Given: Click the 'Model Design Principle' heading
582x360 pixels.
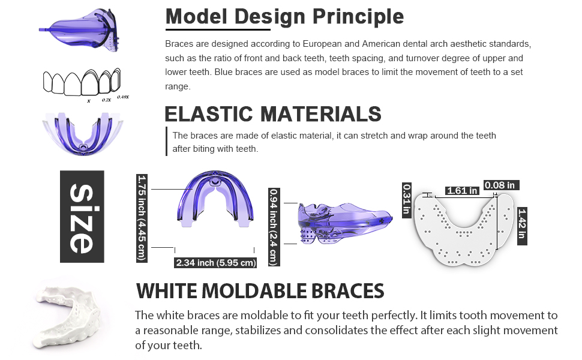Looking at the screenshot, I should (284, 17).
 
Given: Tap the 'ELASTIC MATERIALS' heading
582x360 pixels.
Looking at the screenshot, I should (273, 113).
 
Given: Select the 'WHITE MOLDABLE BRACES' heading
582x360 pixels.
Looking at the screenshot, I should (260, 291).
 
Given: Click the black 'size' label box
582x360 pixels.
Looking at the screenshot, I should (82, 217).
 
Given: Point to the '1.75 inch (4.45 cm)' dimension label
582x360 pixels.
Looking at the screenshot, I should (142, 217).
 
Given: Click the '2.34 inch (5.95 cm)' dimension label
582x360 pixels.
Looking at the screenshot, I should (215, 262).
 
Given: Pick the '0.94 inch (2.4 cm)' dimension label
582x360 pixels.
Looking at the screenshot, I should (274, 226).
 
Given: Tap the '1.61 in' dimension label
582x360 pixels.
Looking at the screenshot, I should (462, 191).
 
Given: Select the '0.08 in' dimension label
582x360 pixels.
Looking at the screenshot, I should (501, 185).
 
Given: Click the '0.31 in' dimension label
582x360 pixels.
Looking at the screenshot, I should (406, 199).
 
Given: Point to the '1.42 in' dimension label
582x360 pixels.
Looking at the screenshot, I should (522, 223).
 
